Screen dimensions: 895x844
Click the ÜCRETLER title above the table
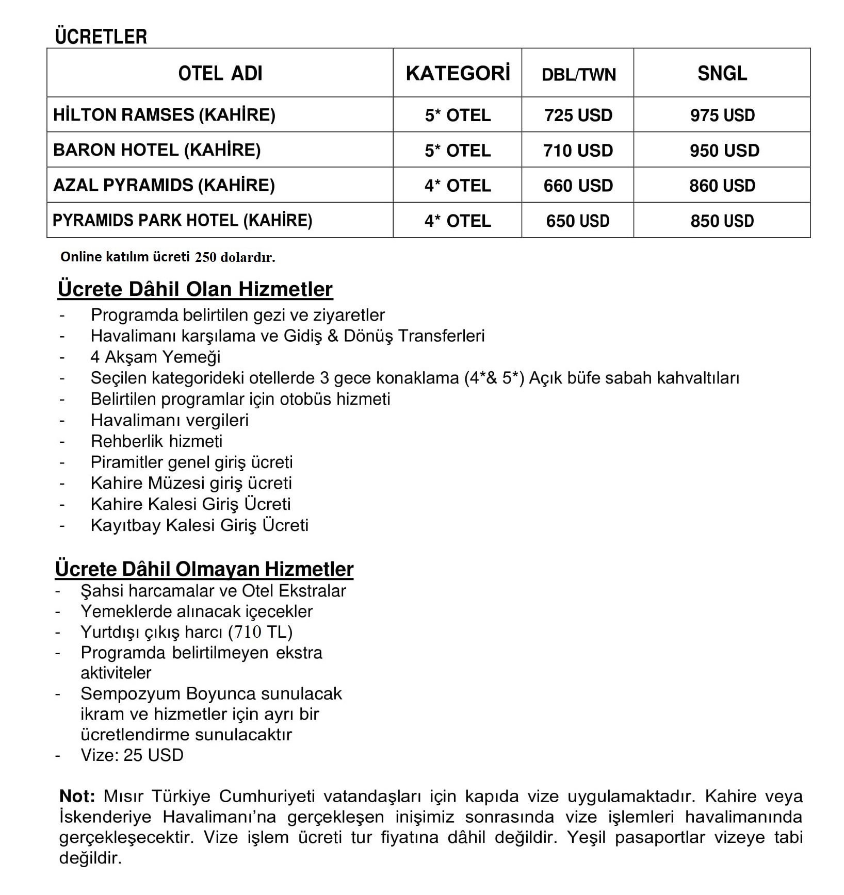[x=101, y=37]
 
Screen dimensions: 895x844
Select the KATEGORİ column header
[x=458, y=73]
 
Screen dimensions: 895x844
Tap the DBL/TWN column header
[x=578, y=75]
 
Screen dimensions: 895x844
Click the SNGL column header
[x=722, y=73]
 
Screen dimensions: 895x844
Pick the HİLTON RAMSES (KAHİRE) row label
[x=164, y=114]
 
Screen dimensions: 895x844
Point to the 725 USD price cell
[x=578, y=115]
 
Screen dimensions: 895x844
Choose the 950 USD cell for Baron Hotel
[x=724, y=151]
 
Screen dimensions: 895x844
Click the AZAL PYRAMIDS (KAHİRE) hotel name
[x=164, y=185]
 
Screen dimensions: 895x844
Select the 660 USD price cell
[x=578, y=186]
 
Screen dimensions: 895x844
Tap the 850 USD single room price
[x=722, y=221]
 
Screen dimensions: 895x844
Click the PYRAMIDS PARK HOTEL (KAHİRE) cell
[x=183, y=221]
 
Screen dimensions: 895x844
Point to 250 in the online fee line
[x=205, y=257]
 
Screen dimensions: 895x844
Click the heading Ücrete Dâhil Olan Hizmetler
[x=195, y=289]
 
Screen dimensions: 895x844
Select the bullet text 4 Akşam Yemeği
[x=155, y=357]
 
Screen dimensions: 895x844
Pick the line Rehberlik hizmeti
[x=156, y=441]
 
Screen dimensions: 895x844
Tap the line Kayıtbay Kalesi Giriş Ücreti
[x=199, y=525]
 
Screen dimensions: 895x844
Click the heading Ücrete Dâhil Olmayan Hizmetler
[x=204, y=569]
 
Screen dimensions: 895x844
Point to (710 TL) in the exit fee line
[x=260, y=632]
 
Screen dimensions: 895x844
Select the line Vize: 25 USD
[x=132, y=755]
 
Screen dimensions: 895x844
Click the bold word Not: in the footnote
[x=77, y=796]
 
